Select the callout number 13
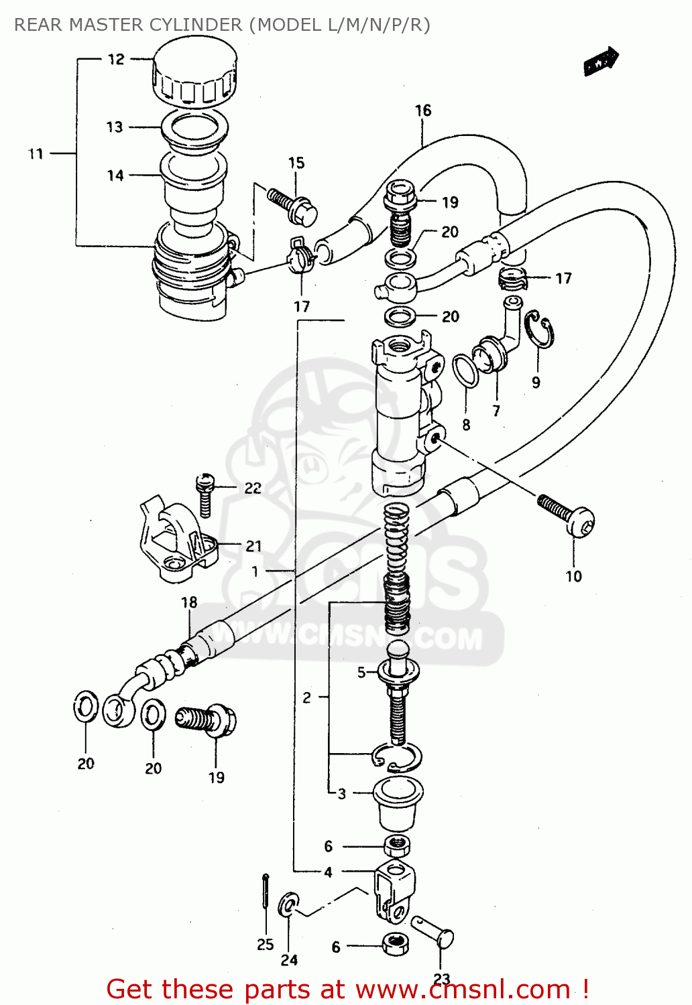(x=115, y=127)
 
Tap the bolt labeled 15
(x=293, y=204)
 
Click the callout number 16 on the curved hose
(x=422, y=111)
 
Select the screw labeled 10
(x=567, y=515)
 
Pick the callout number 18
(x=189, y=602)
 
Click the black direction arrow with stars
(x=600, y=62)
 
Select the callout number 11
(x=35, y=154)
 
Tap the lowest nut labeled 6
(x=396, y=945)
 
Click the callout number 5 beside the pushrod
(x=361, y=672)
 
